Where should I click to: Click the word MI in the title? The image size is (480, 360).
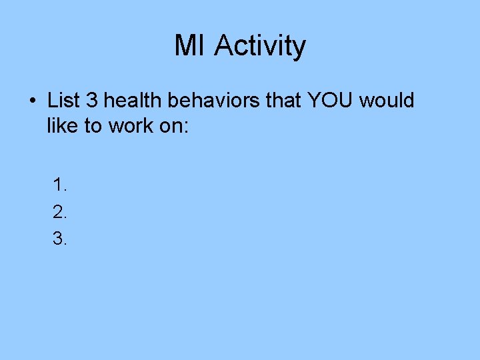point(191,46)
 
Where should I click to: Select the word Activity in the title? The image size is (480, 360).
point(261,46)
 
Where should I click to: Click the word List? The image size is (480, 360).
point(63,101)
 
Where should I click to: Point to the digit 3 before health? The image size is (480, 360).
point(92,101)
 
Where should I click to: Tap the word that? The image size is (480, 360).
point(283,101)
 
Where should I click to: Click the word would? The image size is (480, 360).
point(387,101)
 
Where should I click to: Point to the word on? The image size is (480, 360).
point(171,126)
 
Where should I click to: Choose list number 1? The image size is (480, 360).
point(60,184)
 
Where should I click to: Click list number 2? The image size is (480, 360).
point(60,211)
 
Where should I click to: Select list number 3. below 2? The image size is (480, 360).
point(60,239)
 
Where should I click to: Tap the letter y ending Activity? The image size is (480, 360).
point(299,49)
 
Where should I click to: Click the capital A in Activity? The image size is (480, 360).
point(225,46)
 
